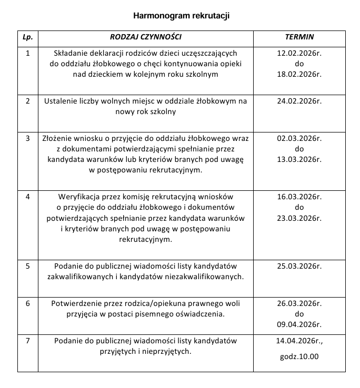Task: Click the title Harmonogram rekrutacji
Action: coord(181,16)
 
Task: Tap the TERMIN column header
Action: coord(299,38)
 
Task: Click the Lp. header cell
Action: coord(28,38)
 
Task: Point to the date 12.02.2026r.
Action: coord(299,53)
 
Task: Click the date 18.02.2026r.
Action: coord(299,74)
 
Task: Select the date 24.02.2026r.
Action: coord(299,101)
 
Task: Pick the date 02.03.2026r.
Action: coord(299,139)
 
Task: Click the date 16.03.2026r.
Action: coord(299,197)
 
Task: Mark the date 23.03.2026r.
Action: coord(299,218)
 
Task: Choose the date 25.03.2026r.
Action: coord(299,266)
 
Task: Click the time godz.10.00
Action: coord(299,357)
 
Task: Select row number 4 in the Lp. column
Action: coord(28,197)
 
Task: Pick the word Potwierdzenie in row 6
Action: coord(75,304)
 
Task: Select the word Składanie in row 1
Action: coord(71,53)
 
